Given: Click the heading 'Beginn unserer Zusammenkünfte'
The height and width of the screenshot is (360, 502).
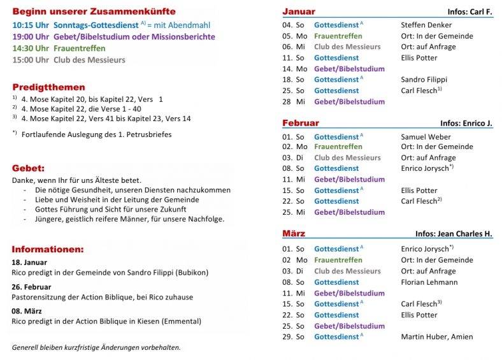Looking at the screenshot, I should point(94,11).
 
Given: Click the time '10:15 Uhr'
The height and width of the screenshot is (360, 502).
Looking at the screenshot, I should point(31,25).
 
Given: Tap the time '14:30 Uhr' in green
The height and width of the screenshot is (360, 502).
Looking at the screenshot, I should point(31,48).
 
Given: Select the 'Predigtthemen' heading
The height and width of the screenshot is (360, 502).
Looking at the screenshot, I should point(48,87).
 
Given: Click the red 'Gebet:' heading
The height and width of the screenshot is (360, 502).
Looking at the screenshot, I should point(28,168).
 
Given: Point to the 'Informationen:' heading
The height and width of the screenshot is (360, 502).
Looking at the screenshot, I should point(48,249).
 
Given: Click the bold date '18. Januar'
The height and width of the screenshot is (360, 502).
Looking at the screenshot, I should point(29,262).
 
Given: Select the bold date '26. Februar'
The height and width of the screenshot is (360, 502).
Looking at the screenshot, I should point(31,287).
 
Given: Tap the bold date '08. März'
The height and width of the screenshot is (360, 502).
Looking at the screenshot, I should point(27,311).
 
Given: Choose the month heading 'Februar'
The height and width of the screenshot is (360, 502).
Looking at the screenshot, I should point(300,123).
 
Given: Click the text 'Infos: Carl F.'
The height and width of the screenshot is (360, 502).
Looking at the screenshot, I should point(470,12).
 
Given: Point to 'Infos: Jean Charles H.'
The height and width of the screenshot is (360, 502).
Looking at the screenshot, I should point(454,234).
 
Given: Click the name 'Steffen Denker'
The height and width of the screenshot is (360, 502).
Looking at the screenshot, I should point(426,25).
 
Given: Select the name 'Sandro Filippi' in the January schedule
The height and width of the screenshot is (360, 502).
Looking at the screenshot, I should point(424,80).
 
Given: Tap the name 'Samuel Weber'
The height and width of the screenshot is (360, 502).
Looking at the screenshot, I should point(426,136).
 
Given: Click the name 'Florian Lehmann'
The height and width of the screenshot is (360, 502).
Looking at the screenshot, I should point(429,282).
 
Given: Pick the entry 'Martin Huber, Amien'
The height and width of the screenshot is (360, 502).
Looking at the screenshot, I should point(437,337).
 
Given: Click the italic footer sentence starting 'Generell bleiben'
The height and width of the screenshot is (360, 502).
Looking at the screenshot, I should point(96,347).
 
